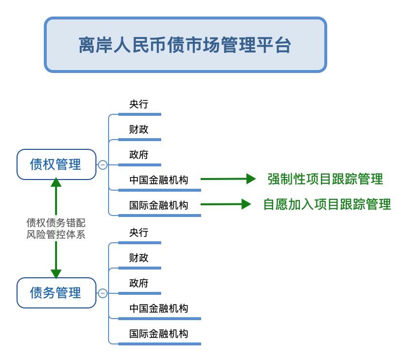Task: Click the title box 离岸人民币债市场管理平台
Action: (x=185, y=45)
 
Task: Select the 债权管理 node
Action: (x=56, y=164)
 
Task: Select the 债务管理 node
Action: (x=56, y=293)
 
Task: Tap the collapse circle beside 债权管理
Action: (x=103, y=165)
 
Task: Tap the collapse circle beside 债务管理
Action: (x=103, y=293)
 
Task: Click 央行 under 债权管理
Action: (x=139, y=104)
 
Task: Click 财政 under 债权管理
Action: (x=139, y=129)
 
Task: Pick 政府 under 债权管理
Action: (x=139, y=155)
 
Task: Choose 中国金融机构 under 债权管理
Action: (x=159, y=180)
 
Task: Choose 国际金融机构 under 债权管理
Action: (x=159, y=205)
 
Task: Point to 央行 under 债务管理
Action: (x=139, y=233)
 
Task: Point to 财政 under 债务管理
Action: (x=139, y=258)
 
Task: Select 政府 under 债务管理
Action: (x=139, y=283)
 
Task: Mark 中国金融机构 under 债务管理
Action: (x=159, y=308)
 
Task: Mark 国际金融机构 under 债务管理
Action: (x=159, y=334)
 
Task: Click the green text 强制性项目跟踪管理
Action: (x=325, y=179)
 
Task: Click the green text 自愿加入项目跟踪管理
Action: (x=327, y=204)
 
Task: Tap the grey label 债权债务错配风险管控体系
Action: (x=56, y=229)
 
